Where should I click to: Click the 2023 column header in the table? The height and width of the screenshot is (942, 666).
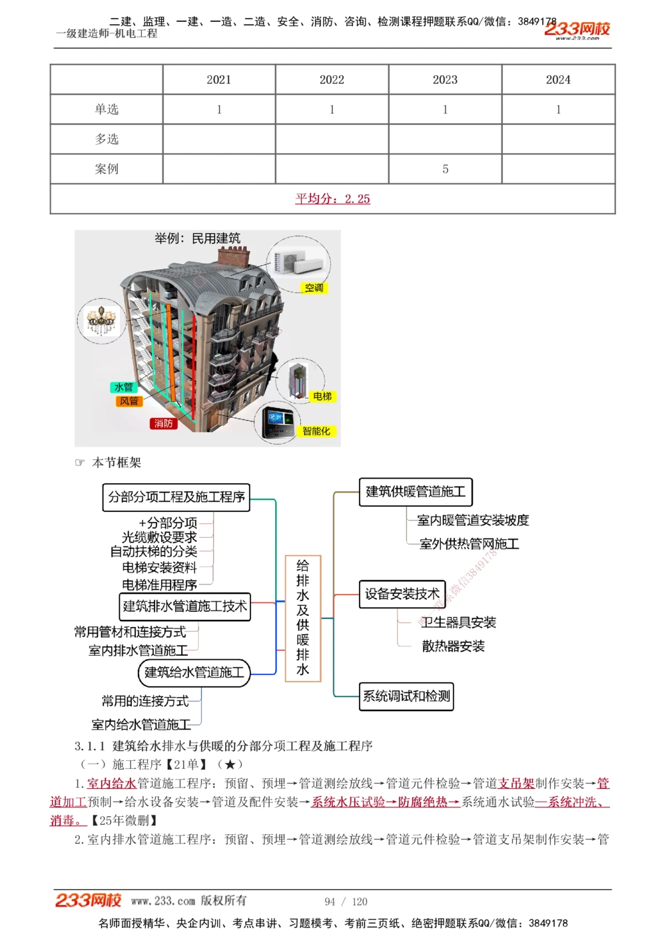(x=445, y=80)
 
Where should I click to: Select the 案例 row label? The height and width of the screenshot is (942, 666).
(x=107, y=169)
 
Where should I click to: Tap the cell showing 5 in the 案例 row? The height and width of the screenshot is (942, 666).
(x=445, y=169)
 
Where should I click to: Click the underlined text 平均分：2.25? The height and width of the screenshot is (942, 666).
(x=332, y=198)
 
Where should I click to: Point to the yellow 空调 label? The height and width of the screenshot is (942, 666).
(x=314, y=288)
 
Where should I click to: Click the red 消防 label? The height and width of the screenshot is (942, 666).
(x=163, y=423)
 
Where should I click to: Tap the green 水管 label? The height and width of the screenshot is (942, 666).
(x=124, y=387)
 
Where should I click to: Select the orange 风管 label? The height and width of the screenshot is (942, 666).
(x=129, y=401)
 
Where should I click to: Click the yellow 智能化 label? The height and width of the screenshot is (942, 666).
(x=316, y=431)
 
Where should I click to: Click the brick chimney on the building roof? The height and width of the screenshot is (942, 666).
(x=234, y=256)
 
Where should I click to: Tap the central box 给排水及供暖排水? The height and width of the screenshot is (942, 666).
(x=303, y=618)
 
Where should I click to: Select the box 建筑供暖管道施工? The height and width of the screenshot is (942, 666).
(x=416, y=492)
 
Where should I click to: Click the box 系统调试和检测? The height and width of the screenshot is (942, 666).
(x=406, y=696)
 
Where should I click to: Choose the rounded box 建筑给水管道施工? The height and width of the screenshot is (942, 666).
(x=194, y=672)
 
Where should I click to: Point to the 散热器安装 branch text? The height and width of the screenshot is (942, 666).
(x=453, y=646)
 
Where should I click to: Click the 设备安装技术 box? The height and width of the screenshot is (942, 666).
(x=402, y=594)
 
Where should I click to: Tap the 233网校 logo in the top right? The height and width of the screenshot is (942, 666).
(x=577, y=29)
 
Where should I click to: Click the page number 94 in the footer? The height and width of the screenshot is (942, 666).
(x=330, y=901)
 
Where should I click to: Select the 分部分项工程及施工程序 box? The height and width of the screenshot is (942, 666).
(x=176, y=497)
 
